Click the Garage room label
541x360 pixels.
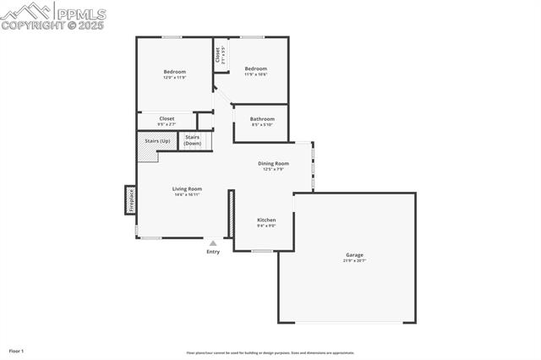click(x=354, y=254)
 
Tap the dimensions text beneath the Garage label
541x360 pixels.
click(x=354, y=260)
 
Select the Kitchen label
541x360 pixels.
click(x=266, y=220)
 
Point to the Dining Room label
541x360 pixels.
click(x=273, y=163)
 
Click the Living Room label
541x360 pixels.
click(x=187, y=188)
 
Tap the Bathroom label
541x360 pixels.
click(x=262, y=119)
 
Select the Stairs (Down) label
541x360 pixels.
click(x=193, y=140)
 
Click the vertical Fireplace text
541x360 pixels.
click(x=131, y=200)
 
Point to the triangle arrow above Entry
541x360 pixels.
click(x=213, y=243)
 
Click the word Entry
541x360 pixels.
click(x=213, y=252)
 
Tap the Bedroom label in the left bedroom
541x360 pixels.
click(x=174, y=72)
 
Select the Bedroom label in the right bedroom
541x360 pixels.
click(x=255, y=68)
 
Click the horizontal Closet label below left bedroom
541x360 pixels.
click(x=167, y=118)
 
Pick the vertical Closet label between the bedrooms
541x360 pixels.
click(x=217, y=55)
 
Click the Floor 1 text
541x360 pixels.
click(x=16, y=350)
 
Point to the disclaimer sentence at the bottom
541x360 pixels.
click(x=270, y=353)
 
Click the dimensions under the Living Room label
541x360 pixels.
click(x=187, y=194)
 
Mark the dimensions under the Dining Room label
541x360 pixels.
click(x=273, y=169)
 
